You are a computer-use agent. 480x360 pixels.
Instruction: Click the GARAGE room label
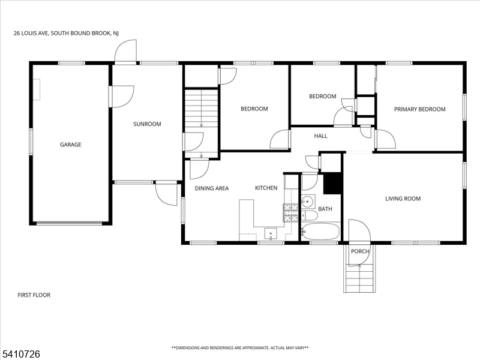click(70, 145)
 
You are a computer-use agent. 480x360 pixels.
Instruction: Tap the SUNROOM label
click(147, 124)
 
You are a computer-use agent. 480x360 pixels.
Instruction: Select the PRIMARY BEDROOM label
click(419, 109)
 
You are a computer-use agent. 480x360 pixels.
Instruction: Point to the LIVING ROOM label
click(403, 199)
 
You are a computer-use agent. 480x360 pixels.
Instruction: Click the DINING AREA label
click(212, 188)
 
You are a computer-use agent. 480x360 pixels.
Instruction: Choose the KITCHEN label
click(266, 188)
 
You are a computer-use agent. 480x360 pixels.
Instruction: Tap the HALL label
click(320, 136)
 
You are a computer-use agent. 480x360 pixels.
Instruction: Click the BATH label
click(325, 209)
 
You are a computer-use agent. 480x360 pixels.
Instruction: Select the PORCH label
click(360, 251)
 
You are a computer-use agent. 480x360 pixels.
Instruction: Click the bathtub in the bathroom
click(320, 232)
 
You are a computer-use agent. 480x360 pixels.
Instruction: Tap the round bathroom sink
click(307, 202)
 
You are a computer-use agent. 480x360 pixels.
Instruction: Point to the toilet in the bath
click(309, 215)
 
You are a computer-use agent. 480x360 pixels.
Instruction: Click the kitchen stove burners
click(290, 213)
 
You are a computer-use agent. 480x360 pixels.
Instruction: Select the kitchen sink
click(271, 234)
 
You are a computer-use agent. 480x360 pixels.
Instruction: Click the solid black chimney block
click(332, 184)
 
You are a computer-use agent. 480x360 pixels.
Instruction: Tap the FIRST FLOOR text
click(34, 295)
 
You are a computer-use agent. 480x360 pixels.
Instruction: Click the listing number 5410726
click(20, 354)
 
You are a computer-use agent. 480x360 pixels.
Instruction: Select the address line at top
click(66, 34)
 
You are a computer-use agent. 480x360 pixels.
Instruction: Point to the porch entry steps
click(359, 278)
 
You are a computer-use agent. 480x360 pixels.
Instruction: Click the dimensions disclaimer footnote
click(240, 348)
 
